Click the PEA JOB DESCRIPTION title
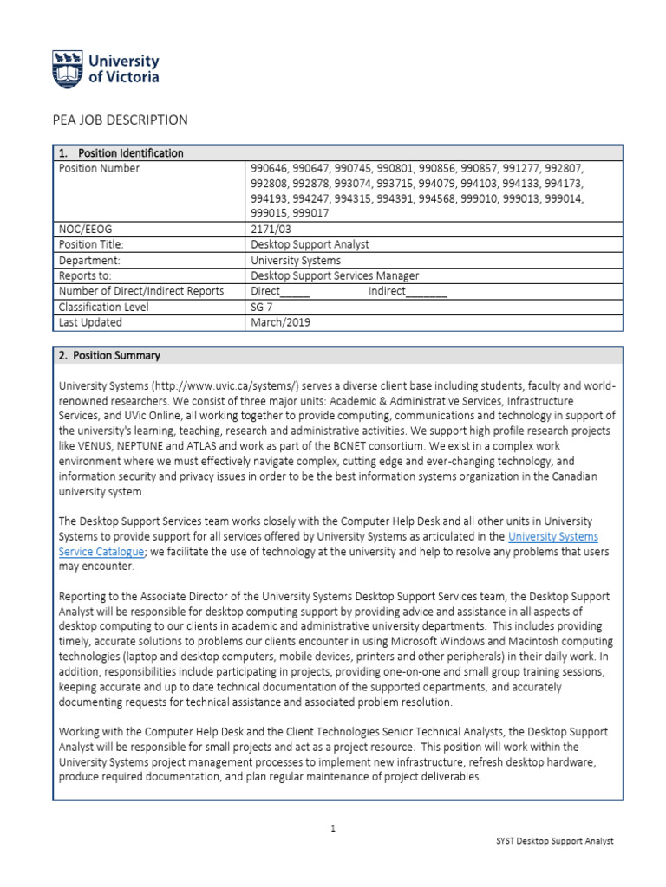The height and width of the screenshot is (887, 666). (122, 120)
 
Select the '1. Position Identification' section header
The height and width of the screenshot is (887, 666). (121, 153)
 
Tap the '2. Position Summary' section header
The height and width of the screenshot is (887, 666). (109, 356)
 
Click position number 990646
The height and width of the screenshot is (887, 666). (268, 168)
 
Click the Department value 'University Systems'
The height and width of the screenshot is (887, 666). (296, 260)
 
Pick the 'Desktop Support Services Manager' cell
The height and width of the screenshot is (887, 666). (335, 275)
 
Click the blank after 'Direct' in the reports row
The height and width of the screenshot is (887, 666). (295, 293)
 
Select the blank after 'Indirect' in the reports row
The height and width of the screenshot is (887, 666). (426, 293)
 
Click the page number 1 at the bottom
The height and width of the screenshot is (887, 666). (333, 829)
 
